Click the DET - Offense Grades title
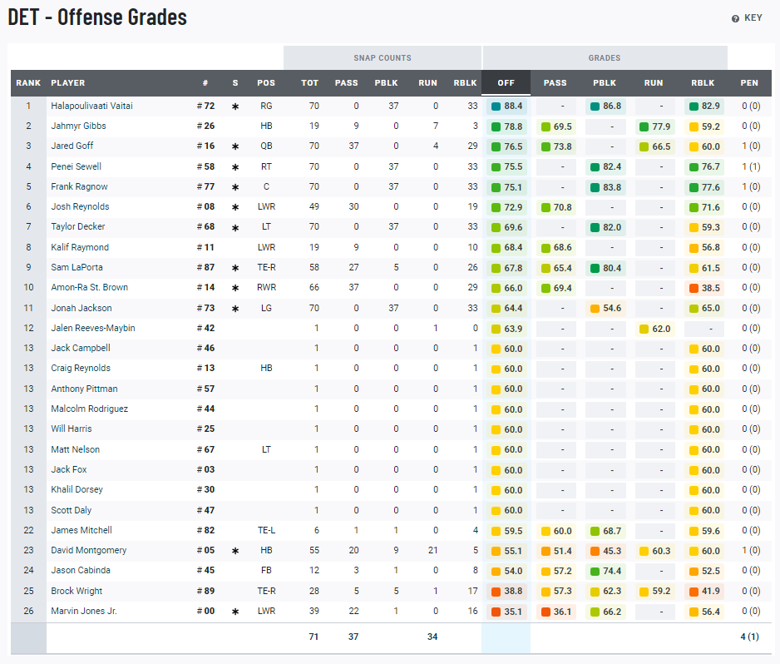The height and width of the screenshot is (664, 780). coord(97,17)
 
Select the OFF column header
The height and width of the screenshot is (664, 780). coord(506,83)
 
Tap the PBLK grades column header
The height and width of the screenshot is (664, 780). coord(605,83)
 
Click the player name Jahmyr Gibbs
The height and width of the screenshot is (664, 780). coord(78,126)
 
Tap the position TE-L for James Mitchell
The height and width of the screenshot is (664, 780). coord(266,530)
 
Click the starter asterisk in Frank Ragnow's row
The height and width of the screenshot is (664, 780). coord(235,187)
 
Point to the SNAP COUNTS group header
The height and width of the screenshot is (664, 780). coord(383,58)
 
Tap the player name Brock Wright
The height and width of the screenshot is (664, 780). coord(77,591)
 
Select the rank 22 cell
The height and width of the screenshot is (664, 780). coord(28,530)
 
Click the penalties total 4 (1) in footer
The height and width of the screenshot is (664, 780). coord(749,637)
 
